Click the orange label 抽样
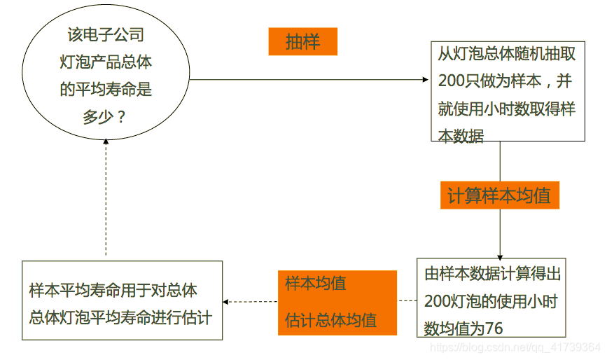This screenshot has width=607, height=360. [302, 42]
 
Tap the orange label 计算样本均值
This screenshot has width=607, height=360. [499, 196]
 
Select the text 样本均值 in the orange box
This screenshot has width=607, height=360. [316, 284]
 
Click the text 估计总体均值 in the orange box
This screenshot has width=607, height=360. [331, 320]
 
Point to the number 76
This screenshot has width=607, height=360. [494, 328]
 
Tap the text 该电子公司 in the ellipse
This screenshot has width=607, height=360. [106, 35]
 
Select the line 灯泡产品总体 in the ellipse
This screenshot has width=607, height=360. [106, 62]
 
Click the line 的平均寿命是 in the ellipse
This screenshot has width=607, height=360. [106, 90]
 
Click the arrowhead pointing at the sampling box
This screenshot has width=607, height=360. [426, 80]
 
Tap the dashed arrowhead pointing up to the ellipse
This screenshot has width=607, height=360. [106, 140]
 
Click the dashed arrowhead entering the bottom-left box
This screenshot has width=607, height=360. [226, 302]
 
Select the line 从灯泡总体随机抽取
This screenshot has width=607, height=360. [505, 54]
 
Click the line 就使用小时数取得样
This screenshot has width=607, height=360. [506, 109]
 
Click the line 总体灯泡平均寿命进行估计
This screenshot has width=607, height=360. [120, 317]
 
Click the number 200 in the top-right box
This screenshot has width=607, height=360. [452, 81]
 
